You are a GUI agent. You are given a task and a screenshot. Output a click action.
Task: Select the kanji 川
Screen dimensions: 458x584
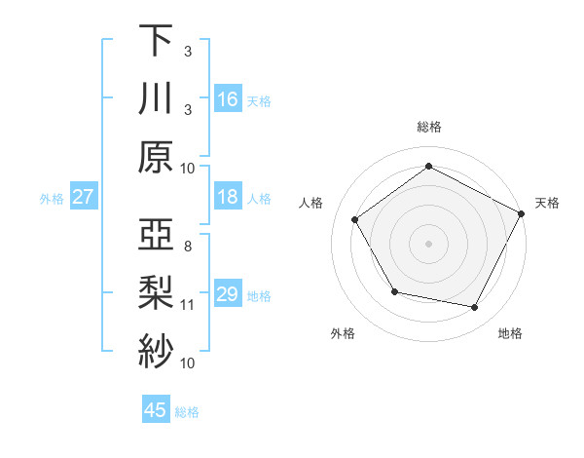[156, 98]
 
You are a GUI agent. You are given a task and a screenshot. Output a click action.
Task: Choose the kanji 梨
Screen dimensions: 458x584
[156, 292]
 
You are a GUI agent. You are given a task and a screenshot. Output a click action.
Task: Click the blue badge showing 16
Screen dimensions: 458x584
[228, 98]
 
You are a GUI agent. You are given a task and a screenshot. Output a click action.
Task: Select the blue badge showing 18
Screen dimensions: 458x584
[228, 197]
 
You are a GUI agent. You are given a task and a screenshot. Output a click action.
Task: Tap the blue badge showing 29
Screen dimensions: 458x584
[228, 294]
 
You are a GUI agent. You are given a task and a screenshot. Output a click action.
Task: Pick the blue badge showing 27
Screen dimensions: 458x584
[84, 197]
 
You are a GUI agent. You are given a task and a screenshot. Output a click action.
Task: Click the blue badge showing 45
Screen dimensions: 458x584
[156, 410]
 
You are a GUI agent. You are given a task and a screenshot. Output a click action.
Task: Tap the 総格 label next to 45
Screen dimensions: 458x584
[187, 412]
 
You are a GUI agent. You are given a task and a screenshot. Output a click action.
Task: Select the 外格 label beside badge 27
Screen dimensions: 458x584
[52, 199]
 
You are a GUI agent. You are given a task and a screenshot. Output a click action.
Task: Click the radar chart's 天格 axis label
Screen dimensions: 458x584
[547, 203]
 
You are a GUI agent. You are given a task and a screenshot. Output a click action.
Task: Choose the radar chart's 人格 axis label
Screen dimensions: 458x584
[311, 203]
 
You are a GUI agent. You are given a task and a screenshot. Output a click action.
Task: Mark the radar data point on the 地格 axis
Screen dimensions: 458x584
[475, 308]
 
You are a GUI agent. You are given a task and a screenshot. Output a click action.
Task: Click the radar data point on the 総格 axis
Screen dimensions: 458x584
[428, 166]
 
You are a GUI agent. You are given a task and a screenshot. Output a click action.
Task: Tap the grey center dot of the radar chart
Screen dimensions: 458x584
[428, 243]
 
